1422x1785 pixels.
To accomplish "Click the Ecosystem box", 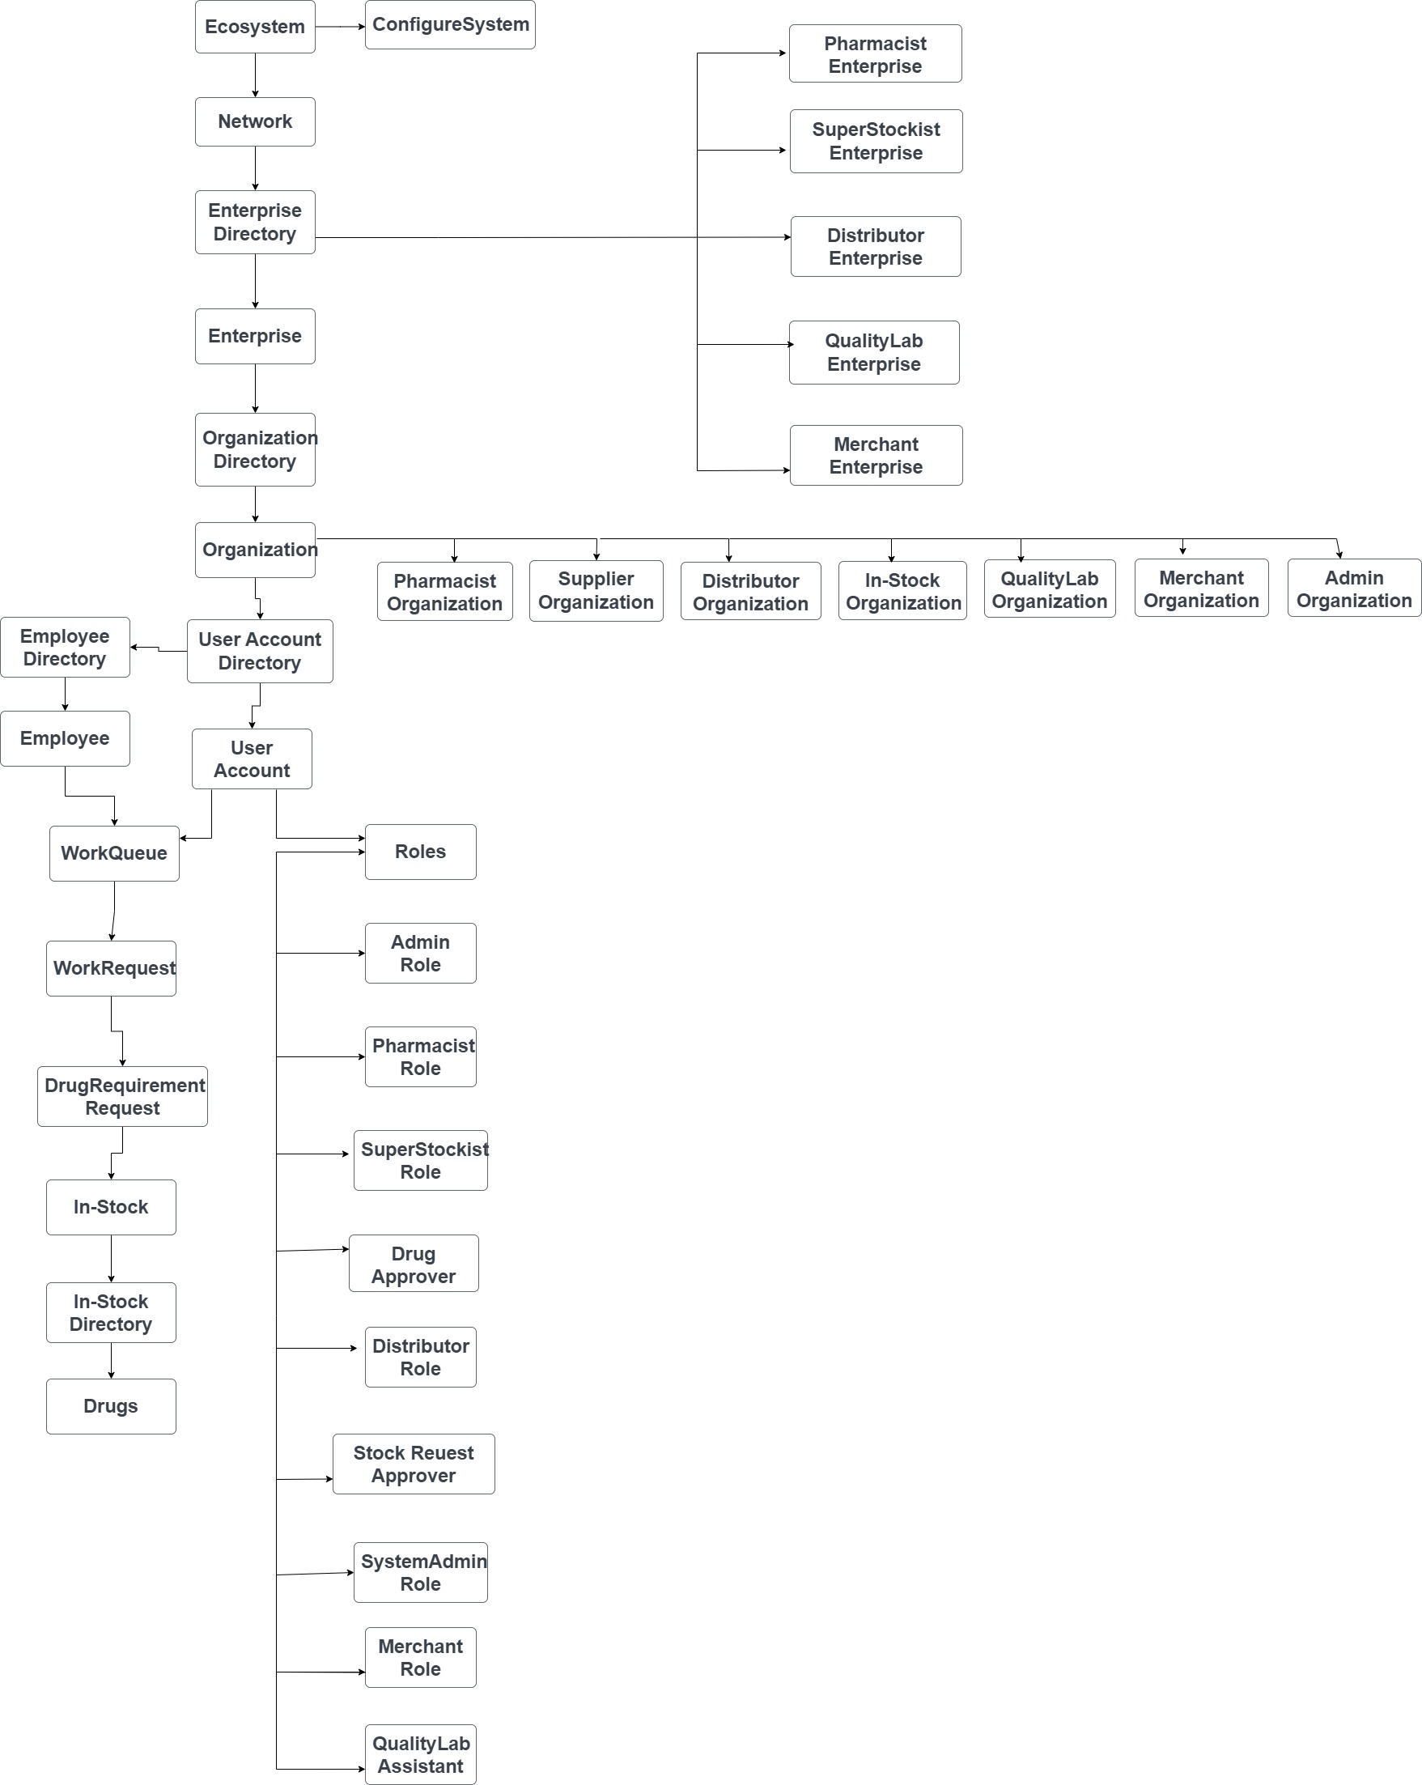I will tap(255, 27).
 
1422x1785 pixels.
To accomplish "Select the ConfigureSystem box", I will tap(449, 25).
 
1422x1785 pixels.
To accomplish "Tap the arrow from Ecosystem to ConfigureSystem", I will tap(339, 27).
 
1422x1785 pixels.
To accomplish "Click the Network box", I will tap(255, 121).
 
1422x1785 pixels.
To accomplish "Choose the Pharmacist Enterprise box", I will tap(875, 53).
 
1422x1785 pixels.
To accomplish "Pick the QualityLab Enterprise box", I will tap(874, 353).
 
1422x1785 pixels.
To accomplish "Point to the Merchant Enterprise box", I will tap(876, 455).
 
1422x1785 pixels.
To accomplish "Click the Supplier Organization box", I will tap(596, 590).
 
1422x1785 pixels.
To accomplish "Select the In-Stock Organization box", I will tap(902, 590).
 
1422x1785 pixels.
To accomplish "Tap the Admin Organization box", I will tap(1353, 589).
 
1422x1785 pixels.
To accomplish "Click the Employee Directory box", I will tap(65, 648).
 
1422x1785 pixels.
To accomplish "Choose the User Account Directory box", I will tap(260, 651).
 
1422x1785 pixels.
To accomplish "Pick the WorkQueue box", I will tap(114, 852).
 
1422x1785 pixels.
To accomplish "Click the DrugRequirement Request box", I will tap(122, 1096).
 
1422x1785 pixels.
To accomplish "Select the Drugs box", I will tap(111, 1406).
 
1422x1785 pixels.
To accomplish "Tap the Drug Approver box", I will tap(413, 1264).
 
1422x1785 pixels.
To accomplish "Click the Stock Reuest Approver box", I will tap(413, 1464).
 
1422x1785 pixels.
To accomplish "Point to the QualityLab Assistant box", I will tap(421, 1753).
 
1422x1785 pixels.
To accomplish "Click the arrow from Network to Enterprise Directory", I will tap(255, 168).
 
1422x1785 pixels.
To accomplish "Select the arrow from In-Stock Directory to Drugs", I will tap(111, 1360).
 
